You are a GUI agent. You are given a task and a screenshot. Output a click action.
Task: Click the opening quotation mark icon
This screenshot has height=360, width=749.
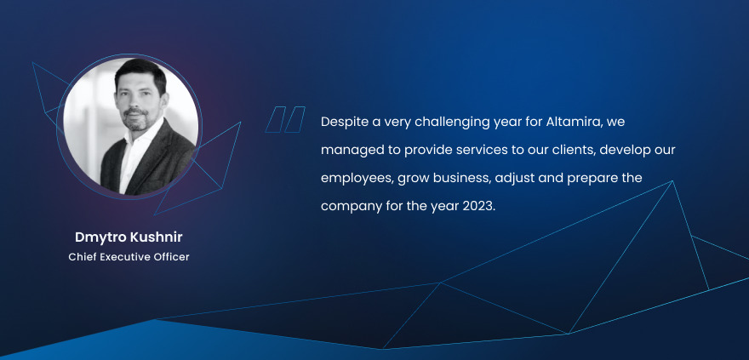285,119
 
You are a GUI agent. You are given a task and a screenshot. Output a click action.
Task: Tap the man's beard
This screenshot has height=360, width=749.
135,119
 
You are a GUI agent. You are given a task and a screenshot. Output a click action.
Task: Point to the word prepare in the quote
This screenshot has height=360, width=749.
598,179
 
